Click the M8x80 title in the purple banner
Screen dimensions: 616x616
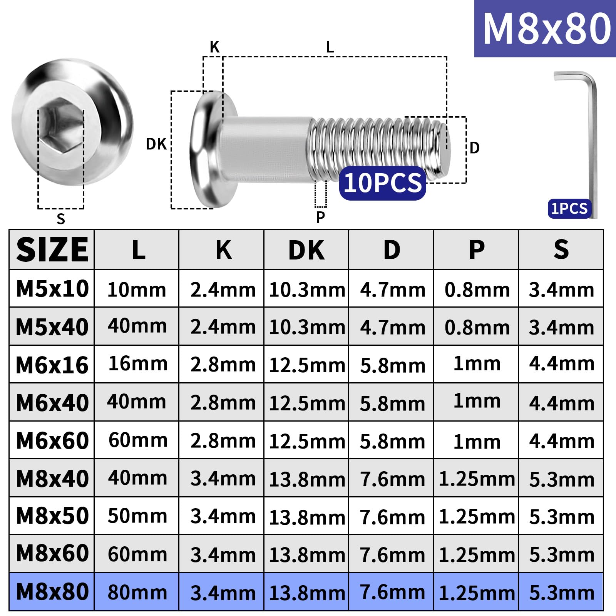[547, 28]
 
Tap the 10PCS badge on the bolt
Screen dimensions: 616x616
[383, 183]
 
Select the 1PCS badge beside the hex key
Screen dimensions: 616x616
[569, 209]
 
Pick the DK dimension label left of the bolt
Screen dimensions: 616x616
[156, 144]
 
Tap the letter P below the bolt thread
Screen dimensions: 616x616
[320, 217]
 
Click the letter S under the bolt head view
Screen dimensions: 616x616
[61, 219]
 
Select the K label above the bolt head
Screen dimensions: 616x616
[214, 47]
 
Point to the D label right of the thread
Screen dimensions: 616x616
[475, 148]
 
